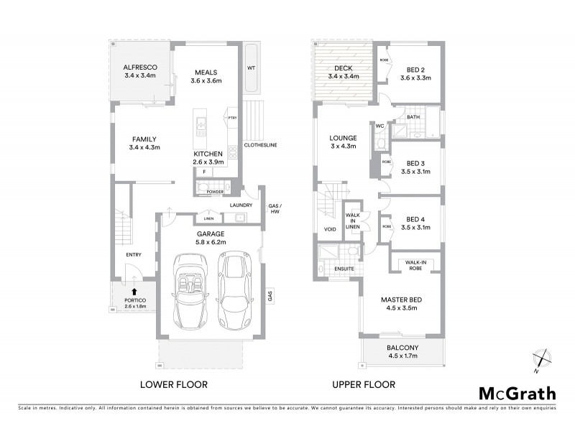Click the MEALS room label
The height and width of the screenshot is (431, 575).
[206, 72]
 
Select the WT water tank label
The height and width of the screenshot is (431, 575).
[252, 68]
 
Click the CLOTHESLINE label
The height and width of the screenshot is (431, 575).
[261, 145]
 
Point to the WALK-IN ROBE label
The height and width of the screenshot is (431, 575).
[418, 267]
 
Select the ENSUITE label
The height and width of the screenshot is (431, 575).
[343, 269]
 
